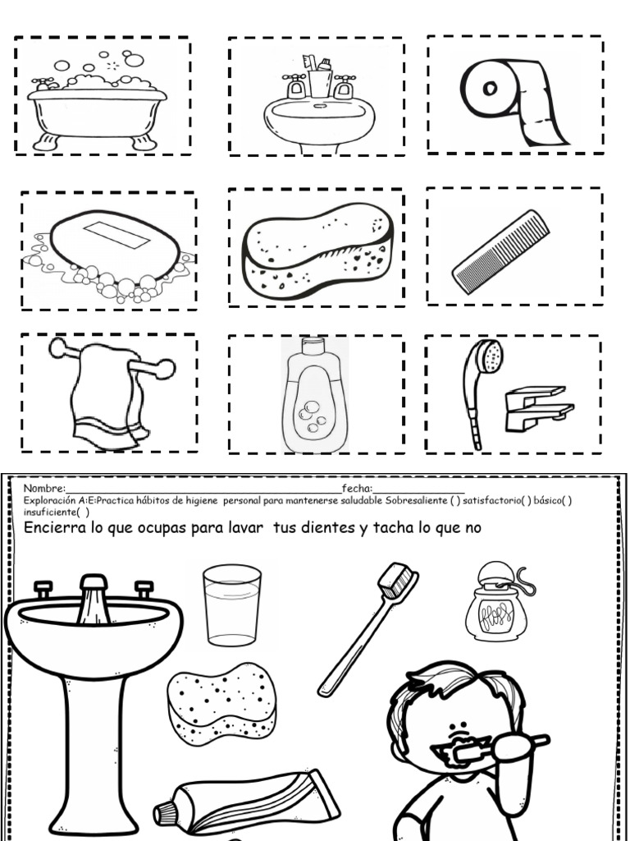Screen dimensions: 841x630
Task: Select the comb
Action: tap(501, 251)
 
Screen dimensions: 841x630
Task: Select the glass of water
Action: tap(232, 606)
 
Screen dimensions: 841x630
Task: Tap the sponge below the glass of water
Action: tap(221, 703)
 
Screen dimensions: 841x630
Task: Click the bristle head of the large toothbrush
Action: tap(398, 581)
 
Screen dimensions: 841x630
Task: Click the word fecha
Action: tap(358, 489)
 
